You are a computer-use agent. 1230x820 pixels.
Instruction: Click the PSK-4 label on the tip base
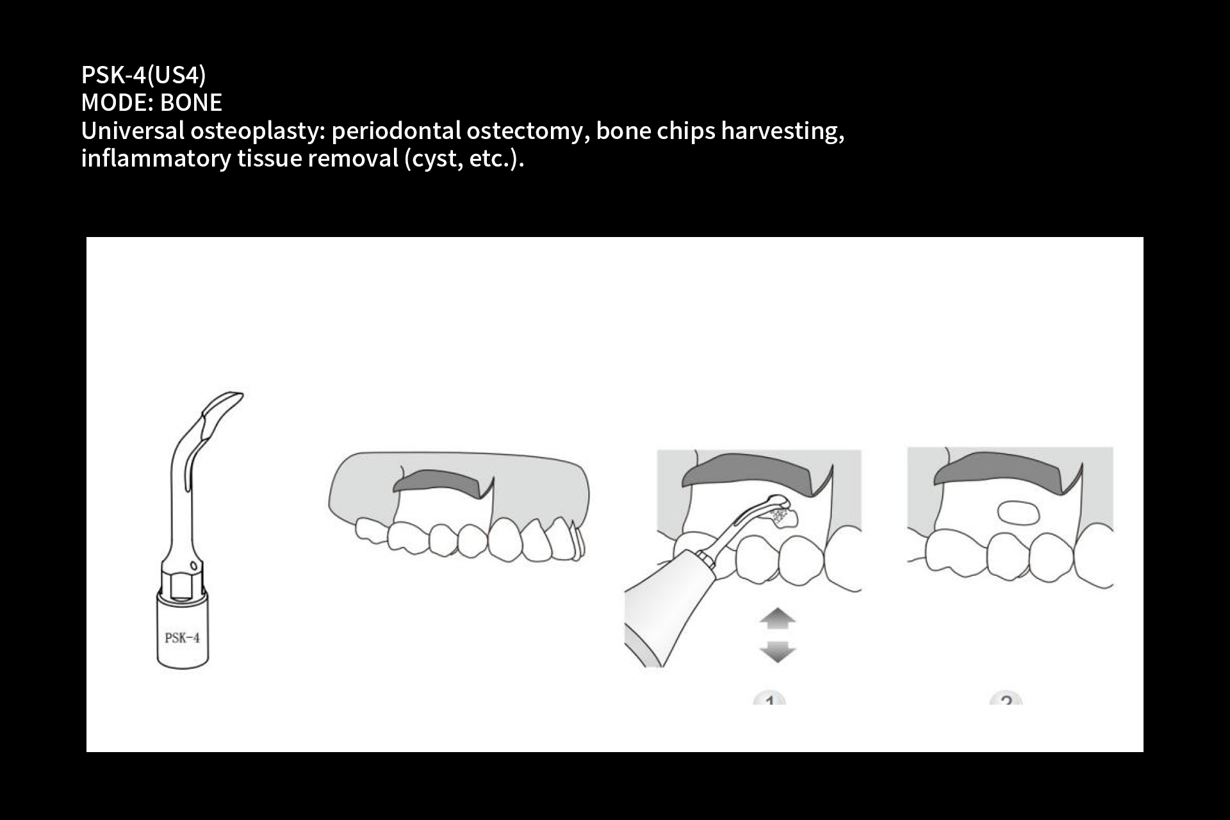point(182,638)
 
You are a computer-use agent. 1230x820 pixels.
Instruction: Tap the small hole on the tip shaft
point(193,565)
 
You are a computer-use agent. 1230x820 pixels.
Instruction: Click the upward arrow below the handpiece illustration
point(777,618)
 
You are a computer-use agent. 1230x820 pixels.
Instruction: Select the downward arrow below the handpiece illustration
point(777,651)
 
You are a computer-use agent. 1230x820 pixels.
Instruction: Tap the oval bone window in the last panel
point(1019,512)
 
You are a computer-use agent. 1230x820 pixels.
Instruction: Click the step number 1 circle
point(769,698)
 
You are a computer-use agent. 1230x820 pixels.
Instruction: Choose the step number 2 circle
point(1006,698)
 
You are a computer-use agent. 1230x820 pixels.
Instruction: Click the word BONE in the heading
point(191,102)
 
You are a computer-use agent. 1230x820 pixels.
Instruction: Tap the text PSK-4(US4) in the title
point(143,75)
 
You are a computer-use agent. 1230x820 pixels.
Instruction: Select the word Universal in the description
point(133,131)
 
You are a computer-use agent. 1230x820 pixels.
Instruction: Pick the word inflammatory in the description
point(156,158)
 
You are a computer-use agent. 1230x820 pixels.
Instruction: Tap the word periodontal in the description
point(396,131)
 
